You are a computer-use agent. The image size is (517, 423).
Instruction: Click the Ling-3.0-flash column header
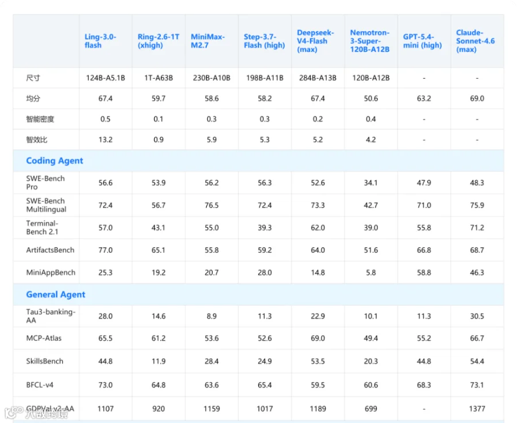100,41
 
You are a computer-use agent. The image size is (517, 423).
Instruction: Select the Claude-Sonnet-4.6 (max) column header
475,41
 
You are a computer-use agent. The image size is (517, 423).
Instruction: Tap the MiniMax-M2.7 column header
207,41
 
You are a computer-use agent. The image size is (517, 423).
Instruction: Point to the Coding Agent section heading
55,161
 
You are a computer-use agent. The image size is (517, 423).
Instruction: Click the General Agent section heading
55,294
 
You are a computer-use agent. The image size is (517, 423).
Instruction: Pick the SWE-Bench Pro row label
45,182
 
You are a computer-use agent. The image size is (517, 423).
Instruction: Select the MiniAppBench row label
51,272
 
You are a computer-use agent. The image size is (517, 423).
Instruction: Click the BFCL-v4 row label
40,384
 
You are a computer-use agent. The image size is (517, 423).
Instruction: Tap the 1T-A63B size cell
159,78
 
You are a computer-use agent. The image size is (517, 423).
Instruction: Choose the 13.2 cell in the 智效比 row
106,140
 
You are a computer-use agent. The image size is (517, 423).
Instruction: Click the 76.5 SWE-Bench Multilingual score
211,205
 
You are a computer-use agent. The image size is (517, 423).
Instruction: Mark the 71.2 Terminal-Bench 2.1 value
477,228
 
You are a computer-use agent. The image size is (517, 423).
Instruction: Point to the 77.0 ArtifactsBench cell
106,250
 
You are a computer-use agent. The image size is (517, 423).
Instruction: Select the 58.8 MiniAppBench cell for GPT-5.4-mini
424,272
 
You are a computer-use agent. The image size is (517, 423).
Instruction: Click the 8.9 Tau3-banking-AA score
211,316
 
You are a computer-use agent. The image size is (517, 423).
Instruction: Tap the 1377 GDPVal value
477,409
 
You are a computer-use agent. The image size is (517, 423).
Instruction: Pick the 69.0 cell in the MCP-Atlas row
318,338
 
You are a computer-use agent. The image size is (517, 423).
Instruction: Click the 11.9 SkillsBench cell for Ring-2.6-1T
159,362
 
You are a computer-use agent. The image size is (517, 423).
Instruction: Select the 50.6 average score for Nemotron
371,98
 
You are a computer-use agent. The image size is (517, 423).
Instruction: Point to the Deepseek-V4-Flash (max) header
315,41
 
